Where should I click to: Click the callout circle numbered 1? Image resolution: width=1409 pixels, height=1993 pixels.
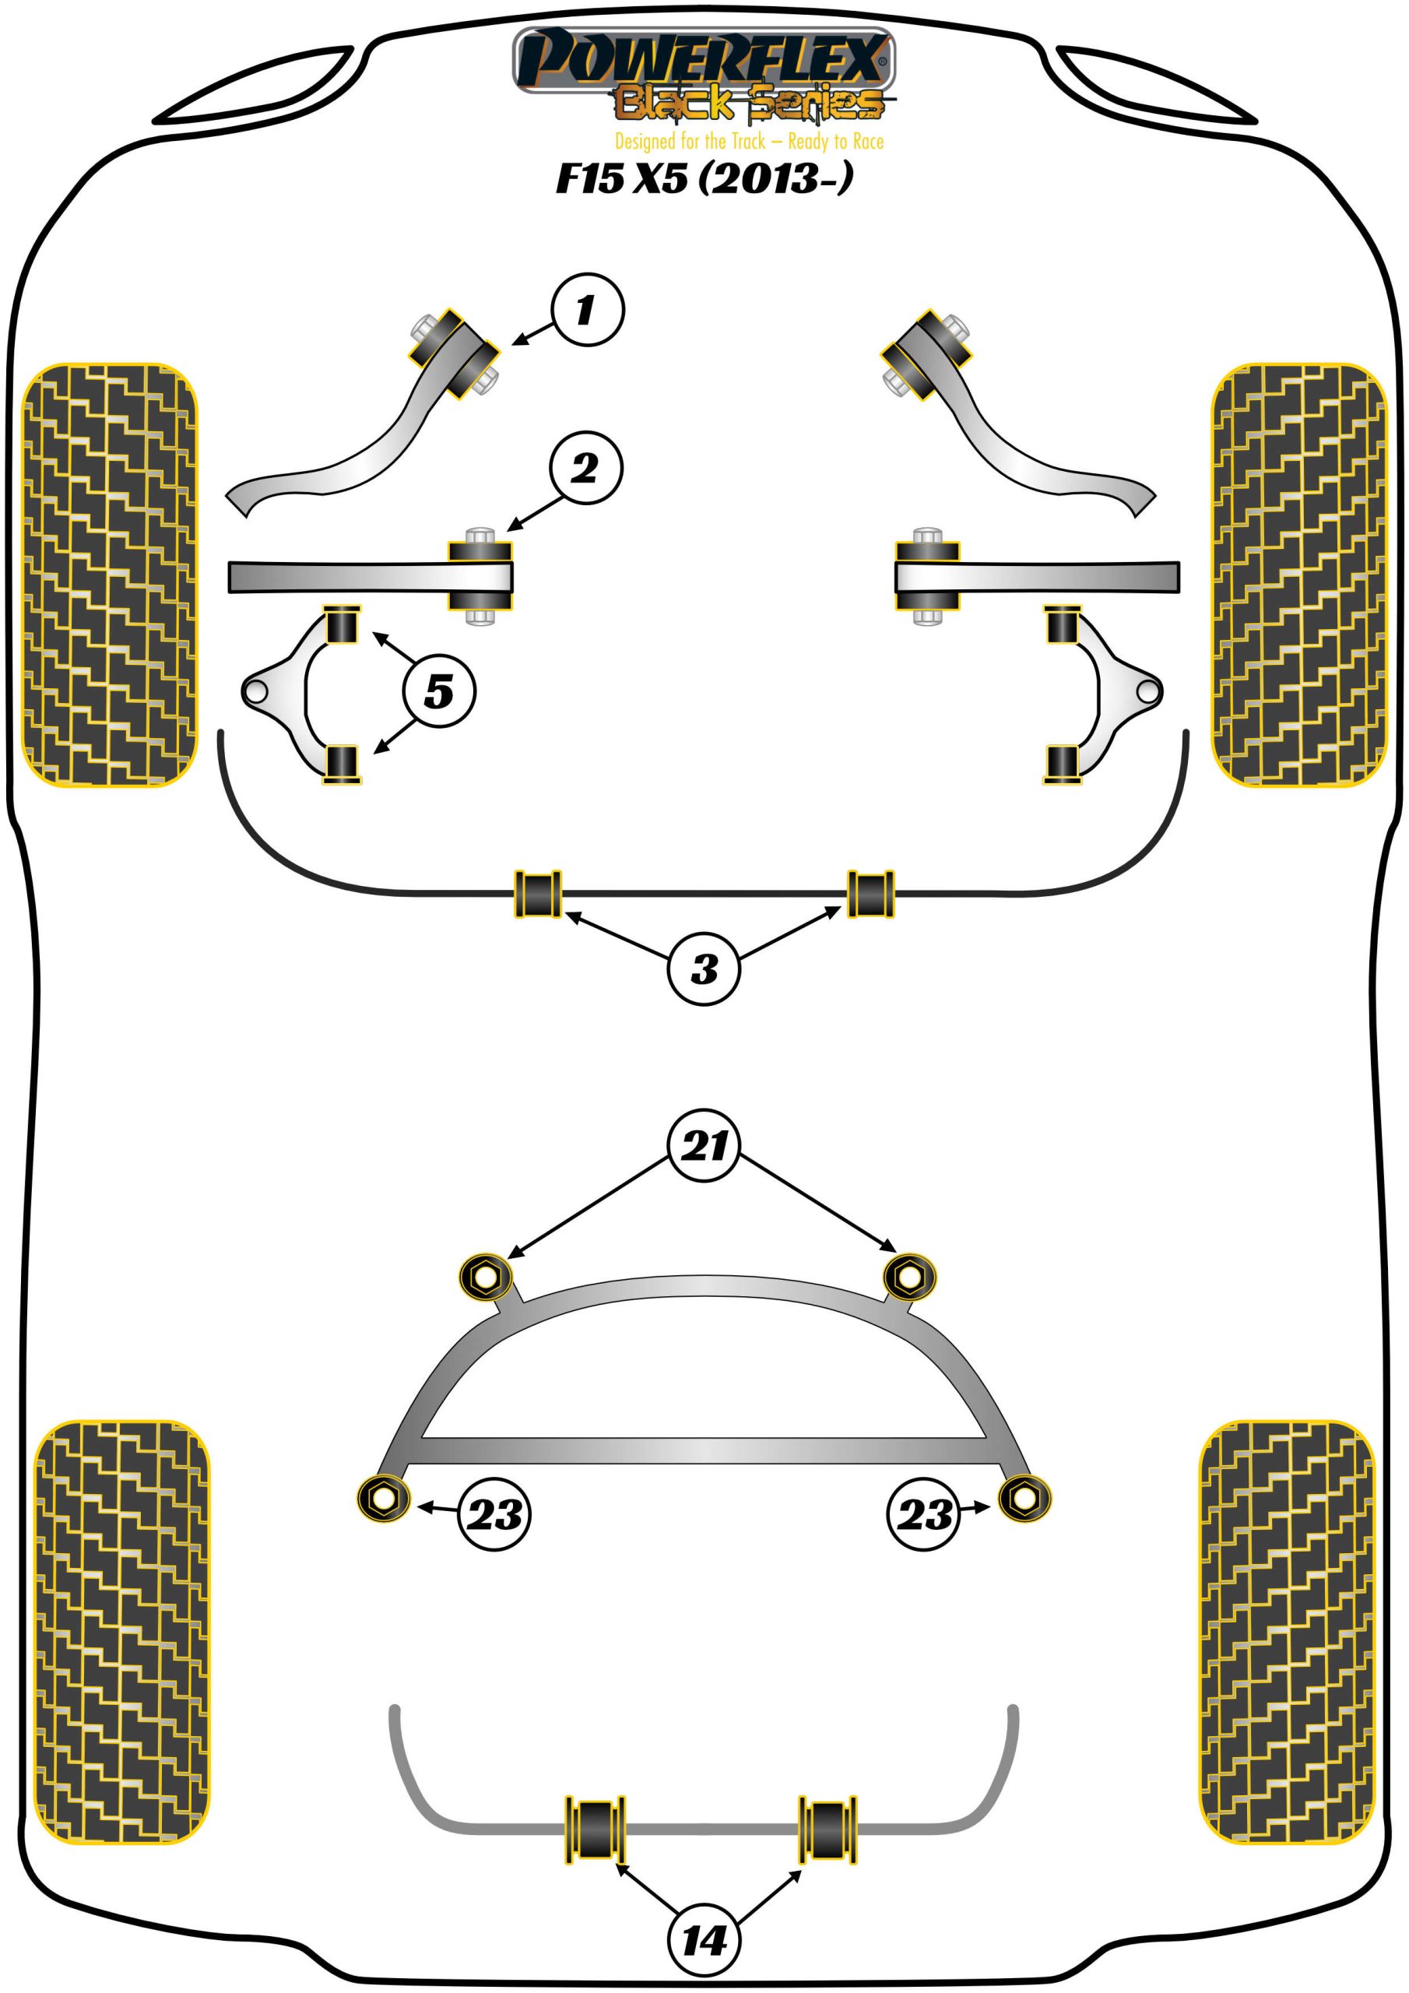click(587, 310)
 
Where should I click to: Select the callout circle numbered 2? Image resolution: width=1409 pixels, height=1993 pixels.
click(585, 468)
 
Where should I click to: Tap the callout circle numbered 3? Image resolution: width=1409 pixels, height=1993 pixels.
click(703, 968)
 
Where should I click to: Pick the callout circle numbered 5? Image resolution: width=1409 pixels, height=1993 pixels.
click(439, 692)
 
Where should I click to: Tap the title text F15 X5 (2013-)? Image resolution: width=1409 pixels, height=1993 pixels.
click(703, 178)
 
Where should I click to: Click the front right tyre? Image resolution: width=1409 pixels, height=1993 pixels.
click(1298, 575)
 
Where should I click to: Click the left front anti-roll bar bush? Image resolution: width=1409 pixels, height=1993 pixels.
click(538, 893)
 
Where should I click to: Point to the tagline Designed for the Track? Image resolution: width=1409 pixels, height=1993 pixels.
click(748, 142)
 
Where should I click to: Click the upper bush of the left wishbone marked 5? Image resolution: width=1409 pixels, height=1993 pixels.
click(342, 625)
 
